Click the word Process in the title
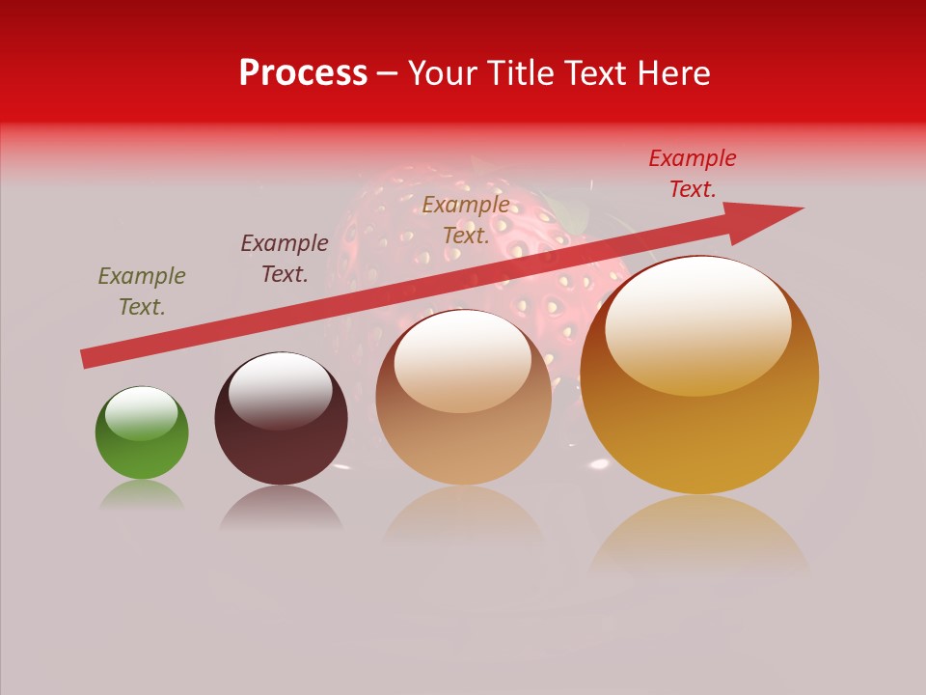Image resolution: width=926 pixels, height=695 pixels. (303, 73)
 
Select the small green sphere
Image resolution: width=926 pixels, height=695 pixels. (142, 433)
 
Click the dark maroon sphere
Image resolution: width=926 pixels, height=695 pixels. (281, 419)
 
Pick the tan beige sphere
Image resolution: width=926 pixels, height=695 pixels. (463, 398)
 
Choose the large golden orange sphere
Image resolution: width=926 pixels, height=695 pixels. (699, 375)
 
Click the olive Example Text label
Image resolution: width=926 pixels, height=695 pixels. (142, 292)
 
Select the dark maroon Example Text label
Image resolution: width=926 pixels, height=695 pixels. (285, 259)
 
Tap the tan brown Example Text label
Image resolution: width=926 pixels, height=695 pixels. (466, 219)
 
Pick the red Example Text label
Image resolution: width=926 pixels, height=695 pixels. (693, 174)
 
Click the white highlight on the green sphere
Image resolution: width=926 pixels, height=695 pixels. (141, 414)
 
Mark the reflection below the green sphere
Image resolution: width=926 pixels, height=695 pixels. (142, 495)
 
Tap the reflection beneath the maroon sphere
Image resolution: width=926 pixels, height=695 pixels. (281, 506)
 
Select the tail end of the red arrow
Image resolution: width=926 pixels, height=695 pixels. (90, 358)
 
